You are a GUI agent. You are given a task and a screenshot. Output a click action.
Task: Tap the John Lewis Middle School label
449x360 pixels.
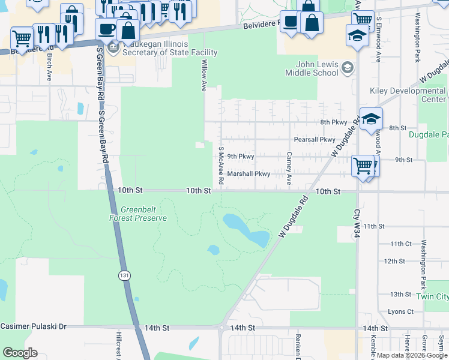tap(316, 69)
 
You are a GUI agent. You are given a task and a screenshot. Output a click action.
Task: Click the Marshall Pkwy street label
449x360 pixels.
tap(249, 173)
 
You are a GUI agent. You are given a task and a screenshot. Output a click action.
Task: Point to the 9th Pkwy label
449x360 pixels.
tap(241, 157)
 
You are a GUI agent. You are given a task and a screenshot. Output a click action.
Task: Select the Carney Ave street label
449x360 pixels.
tap(289, 168)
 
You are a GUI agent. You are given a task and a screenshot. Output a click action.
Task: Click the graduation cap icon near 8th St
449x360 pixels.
tap(371, 118)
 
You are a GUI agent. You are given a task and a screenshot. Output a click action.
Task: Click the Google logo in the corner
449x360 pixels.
tap(20, 353)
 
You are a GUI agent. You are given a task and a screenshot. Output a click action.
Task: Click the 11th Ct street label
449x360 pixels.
tap(401, 244)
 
